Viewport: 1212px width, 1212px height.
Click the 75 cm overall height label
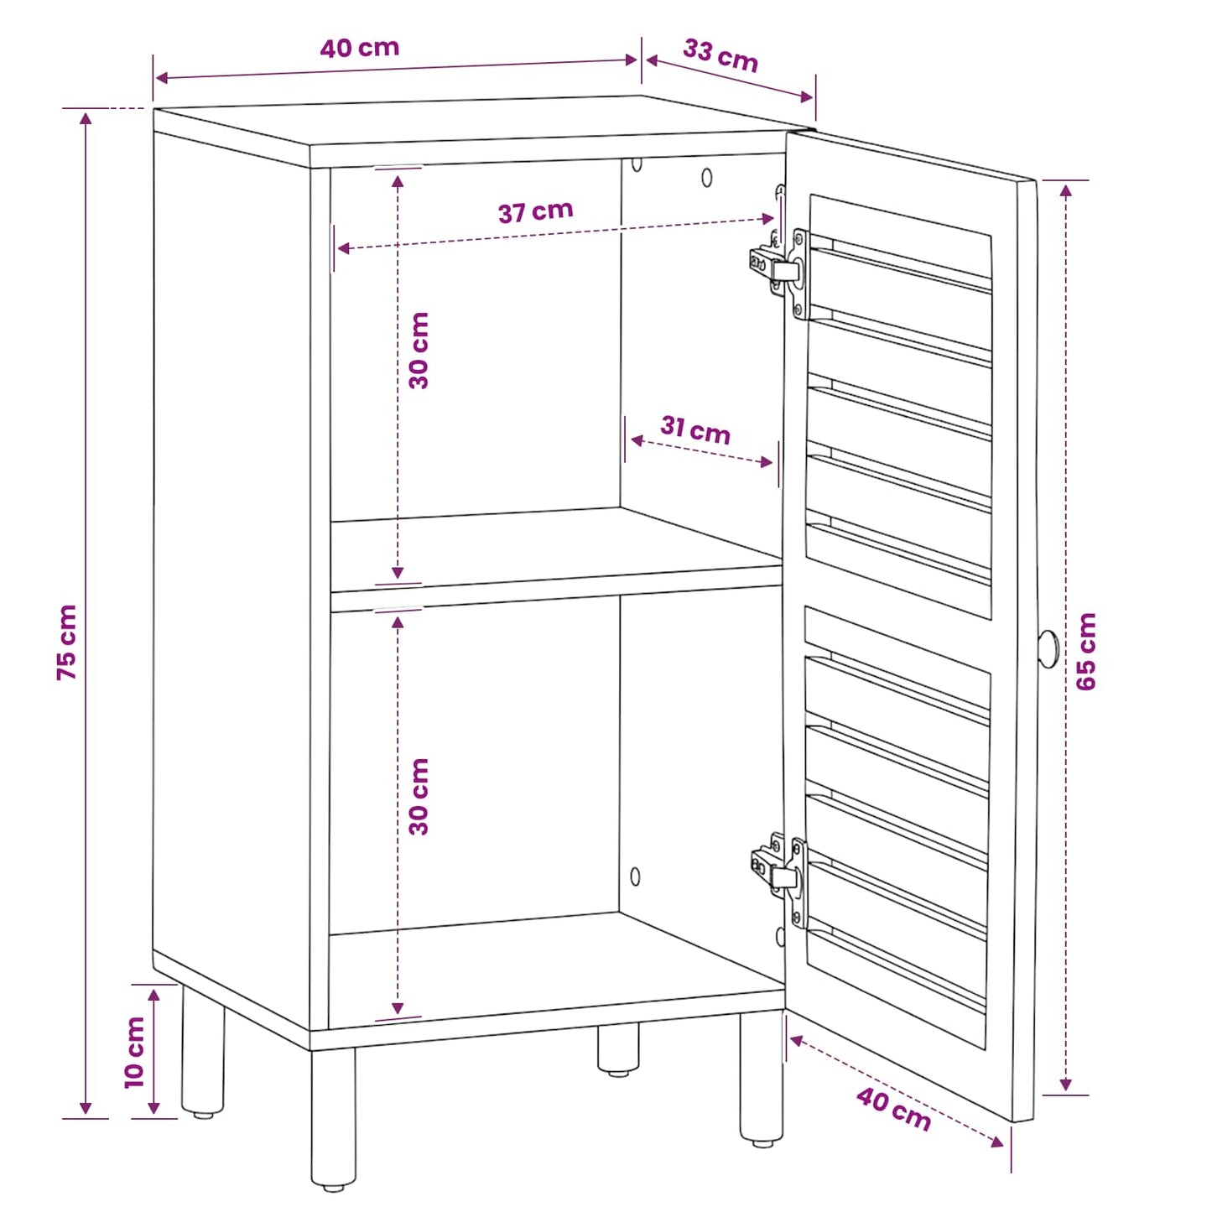coord(66,642)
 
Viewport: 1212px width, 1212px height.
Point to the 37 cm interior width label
coord(536,211)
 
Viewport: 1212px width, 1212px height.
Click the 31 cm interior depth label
coord(695,431)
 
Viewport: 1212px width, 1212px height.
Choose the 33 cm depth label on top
coord(720,56)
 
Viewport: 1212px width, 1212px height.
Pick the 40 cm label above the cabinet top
coord(360,49)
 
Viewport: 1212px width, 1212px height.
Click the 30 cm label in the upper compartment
coord(419,351)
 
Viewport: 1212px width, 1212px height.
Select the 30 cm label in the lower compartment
coord(419,796)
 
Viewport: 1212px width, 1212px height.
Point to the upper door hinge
coord(778,268)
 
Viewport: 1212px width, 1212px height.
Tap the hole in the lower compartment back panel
coord(635,876)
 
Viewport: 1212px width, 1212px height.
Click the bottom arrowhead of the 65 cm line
coord(1065,1083)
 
